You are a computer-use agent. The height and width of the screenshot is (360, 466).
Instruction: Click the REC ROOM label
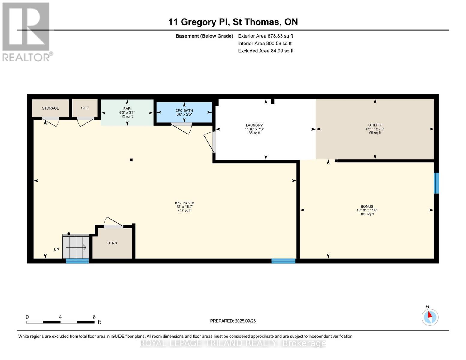point(185,203)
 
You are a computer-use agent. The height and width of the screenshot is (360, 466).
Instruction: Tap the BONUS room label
point(367,206)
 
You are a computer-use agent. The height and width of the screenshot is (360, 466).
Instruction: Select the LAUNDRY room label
point(254,125)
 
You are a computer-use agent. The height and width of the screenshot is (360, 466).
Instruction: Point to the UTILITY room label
point(375,125)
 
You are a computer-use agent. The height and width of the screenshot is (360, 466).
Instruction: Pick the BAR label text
point(127,109)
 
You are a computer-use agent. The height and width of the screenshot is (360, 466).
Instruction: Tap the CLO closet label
point(85,108)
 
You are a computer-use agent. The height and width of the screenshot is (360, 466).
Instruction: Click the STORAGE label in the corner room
point(50,108)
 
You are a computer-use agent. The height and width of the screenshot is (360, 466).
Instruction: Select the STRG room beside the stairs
point(112,243)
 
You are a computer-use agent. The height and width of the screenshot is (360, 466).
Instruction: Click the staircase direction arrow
point(76,247)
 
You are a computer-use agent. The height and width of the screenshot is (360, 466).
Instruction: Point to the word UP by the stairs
point(56,250)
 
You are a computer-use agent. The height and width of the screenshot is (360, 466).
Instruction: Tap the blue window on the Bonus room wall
point(436,183)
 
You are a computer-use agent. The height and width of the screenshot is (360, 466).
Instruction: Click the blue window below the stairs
point(77,261)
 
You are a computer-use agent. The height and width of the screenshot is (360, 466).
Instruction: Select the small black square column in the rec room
point(131,160)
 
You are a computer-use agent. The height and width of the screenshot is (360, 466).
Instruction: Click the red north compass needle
point(430,315)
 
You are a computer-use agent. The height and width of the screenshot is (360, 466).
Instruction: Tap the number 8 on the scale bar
point(94,317)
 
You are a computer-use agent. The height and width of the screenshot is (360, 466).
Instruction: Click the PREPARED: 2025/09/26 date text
point(233,321)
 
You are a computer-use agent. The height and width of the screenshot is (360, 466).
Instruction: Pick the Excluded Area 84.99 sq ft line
point(266,51)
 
